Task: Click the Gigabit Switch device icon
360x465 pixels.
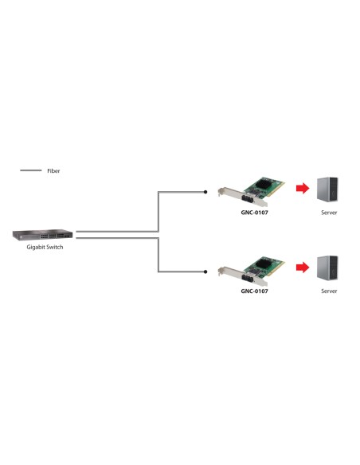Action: coord(42,235)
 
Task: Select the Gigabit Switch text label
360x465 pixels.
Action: coord(45,248)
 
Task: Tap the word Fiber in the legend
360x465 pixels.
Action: coord(53,170)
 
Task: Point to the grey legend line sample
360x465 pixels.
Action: coord(30,170)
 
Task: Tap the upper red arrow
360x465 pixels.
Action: coord(301,188)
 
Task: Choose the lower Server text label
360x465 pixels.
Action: coord(329,291)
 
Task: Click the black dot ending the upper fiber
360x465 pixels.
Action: coord(206,191)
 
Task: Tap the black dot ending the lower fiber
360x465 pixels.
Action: coord(206,272)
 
